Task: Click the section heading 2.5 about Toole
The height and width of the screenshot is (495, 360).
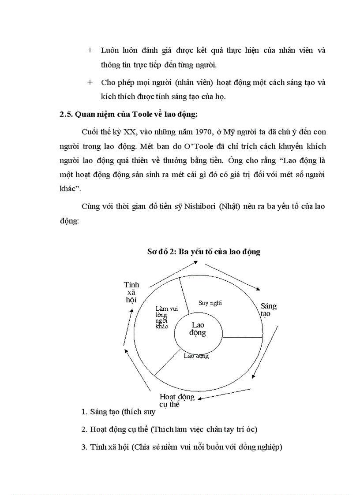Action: click(x=128, y=115)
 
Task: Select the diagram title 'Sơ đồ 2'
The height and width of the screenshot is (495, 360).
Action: click(x=203, y=252)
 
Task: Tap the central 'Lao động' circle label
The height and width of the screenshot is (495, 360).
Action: click(x=198, y=329)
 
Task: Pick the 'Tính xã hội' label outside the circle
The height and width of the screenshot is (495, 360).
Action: click(x=131, y=292)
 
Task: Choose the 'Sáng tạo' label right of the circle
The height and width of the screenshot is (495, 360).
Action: click(x=268, y=309)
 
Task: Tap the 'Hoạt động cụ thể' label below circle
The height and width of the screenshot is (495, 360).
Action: click(x=176, y=400)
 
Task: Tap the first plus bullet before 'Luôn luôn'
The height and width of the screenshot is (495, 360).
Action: click(x=90, y=50)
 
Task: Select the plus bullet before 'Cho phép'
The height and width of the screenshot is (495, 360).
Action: click(x=90, y=82)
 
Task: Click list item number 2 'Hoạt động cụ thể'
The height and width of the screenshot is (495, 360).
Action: click(x=169, y=429)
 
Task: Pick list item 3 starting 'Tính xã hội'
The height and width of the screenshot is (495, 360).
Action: click(x=181, y=447)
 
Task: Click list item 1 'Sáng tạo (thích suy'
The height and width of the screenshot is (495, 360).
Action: click(x=118, y=412)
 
